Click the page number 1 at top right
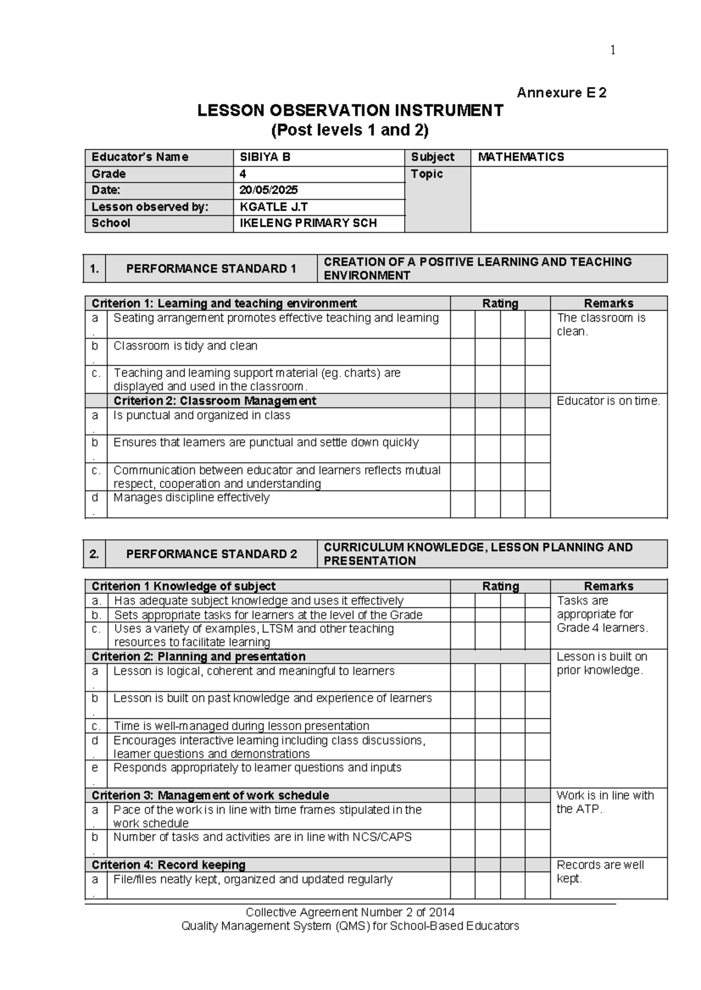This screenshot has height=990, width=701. coord(613,51)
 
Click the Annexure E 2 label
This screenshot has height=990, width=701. coord(561,93)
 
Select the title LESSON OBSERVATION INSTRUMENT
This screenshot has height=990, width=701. coord(350,110)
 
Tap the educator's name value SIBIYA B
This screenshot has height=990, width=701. coord(265,157)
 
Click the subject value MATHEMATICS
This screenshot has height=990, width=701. coord(520,157)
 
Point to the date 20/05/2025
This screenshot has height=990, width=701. coord(269,190)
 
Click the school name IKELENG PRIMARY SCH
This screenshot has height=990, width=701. coord(308,223)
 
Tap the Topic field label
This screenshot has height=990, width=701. coord(426,174)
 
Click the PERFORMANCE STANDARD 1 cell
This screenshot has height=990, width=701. coord(211,269)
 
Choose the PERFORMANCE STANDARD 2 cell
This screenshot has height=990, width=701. coord(211,554)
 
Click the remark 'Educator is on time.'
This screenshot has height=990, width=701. coord(608,401)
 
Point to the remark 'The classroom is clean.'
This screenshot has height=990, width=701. coord(601,325)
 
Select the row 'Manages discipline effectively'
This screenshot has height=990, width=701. coord(192,498)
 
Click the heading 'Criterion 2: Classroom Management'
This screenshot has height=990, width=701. coord(214,401)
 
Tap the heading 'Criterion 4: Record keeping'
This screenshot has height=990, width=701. coord(168,865)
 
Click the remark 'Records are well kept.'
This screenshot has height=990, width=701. coord(600,872)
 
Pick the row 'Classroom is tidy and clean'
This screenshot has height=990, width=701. coord(185,346)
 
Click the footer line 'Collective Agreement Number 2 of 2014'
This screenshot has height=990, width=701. coord(350,912)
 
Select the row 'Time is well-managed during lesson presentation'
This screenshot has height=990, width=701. coord(241,726)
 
